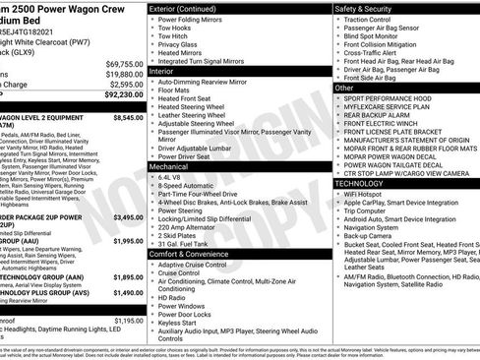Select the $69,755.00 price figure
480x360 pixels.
click(123, 62)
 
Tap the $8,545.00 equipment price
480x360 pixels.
click(123, 116)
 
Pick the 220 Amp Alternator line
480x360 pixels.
click(190, 227)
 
